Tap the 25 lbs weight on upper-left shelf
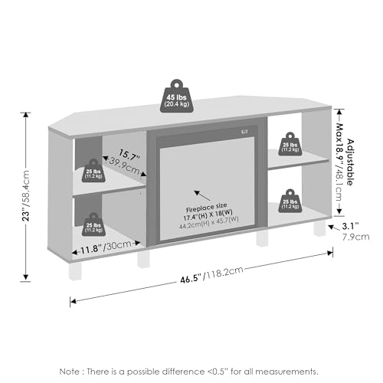pyautogui.click(x=93, y=171)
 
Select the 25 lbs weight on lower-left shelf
pyautogui.click(x=93, y=224)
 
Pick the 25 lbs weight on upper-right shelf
pyautogui.click(x=290, y=144)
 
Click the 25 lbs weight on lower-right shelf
pyautogui.click(x=290, y=201)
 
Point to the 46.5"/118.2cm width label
pyautogui.click(x=211, y=275)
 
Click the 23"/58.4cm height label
pyautogui.click(x=26, y=196)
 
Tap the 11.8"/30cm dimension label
pyautogui.click(x=106, y=247)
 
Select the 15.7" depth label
pyautogui.click(x=129, y=155)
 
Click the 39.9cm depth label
pyautogui.click(x=125, y=165)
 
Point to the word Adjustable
pyautogui.click(x=351, y=162)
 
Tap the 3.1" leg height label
pyautogui.click(x=350, y=226)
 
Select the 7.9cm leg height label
pyautogui.click(x=355, y=237)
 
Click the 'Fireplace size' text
pyautogui.click(x=206, y=208)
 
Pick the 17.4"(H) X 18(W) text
pyautogui.click(x=208, y=214)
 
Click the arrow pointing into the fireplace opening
pyautogui.click(x=202, y=196)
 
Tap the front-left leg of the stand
pyautogui.click(x=75, y=270)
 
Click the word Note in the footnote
pyautogui.click(x=69, y=372)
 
